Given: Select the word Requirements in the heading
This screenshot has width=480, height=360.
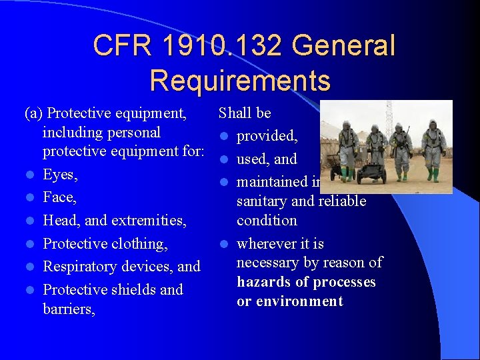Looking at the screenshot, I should point(240,80).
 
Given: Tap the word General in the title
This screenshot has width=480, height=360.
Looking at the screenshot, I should point(343,45).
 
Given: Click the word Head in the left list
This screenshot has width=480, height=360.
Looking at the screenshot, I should point(59,220).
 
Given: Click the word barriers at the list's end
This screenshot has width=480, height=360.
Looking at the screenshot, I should point(69,309).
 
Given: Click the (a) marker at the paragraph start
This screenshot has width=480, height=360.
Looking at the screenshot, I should point(34,113).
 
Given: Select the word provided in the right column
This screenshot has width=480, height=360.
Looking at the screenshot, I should point(266,136).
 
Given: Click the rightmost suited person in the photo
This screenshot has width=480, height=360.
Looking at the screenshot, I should point(433,148).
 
